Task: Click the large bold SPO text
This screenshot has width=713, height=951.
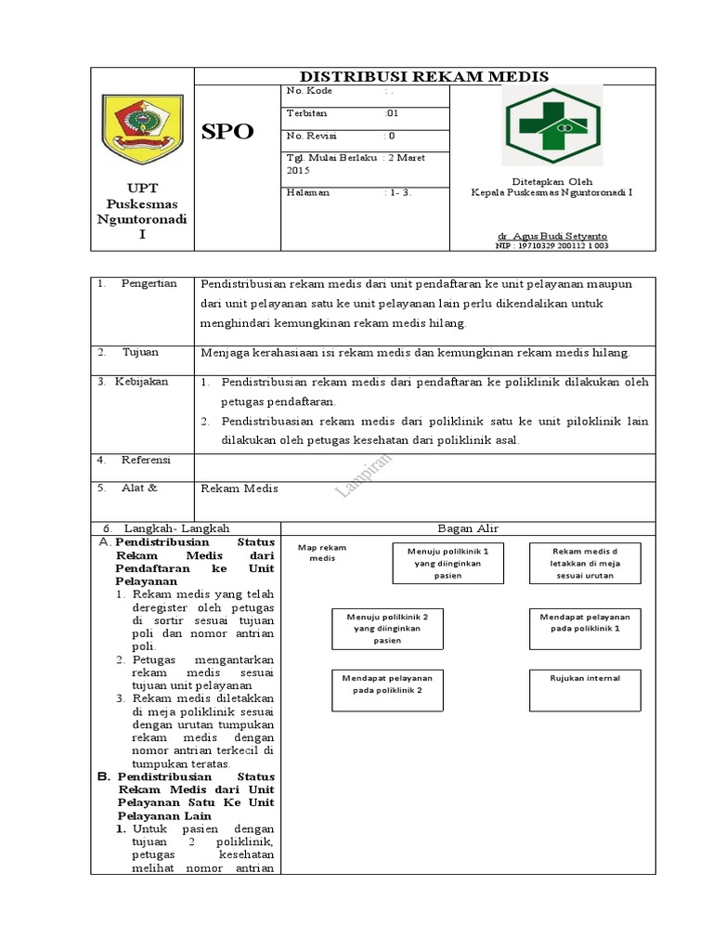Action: coord(228,132)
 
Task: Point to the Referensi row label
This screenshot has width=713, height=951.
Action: coord(145,460)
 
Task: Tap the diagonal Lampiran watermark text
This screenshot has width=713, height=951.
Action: coord(363,476)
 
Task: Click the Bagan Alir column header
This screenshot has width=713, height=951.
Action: coord(468,528)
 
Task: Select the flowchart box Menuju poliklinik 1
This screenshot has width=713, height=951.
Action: coord(447,563)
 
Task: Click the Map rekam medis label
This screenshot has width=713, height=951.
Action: coord(321,553)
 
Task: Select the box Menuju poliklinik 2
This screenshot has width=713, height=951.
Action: coord(387,628)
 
